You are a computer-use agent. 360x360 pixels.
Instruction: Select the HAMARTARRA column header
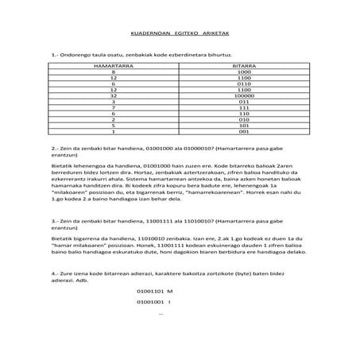(114, 65)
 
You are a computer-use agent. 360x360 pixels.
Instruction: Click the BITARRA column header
(244, 65)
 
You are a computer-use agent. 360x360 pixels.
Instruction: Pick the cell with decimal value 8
(114, 72)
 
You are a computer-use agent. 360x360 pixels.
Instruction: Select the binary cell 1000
(244, 72)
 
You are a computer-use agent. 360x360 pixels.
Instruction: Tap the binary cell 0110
(244, 83)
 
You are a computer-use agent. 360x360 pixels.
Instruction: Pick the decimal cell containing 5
(114, 126)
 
